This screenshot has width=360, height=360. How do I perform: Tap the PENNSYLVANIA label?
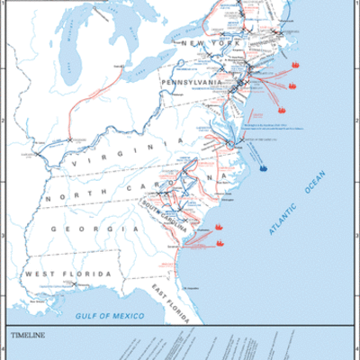(190, 82)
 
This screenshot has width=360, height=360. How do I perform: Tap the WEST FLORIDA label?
(67, 274)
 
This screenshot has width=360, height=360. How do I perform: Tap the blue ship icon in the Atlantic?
(263, 166)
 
